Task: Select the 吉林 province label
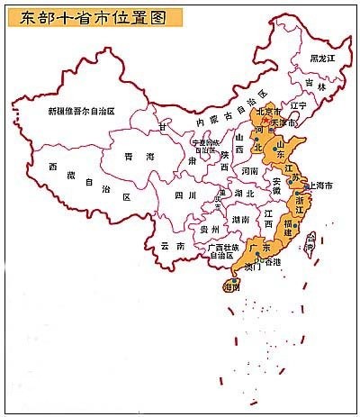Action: point(315,85)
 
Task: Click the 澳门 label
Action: point(252,267)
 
